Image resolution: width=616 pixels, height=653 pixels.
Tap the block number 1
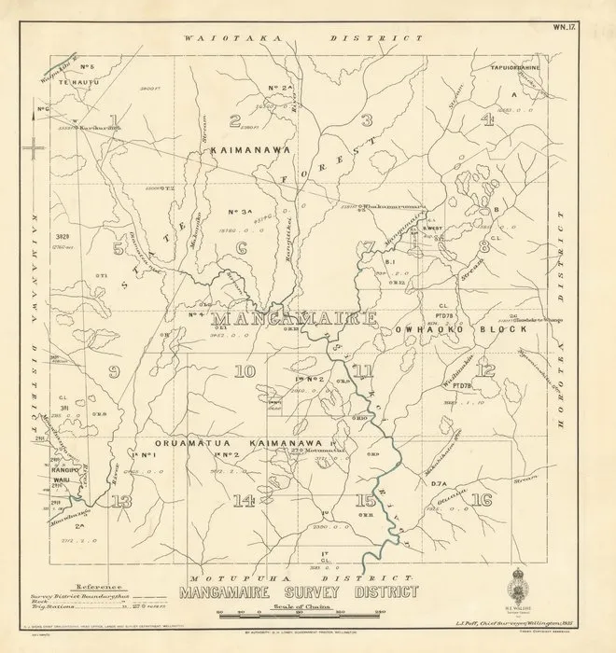coord(113,118)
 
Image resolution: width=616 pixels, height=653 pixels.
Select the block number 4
coord(486,118)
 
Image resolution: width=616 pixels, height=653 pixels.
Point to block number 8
coord(483,247)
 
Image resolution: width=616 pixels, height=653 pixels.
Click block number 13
coord(120,501)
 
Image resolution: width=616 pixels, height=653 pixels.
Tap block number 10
coord(245,372)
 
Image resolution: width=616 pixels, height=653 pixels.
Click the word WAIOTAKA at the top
coord(221,38)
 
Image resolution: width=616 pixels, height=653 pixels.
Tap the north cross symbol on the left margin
coord(35,147)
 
